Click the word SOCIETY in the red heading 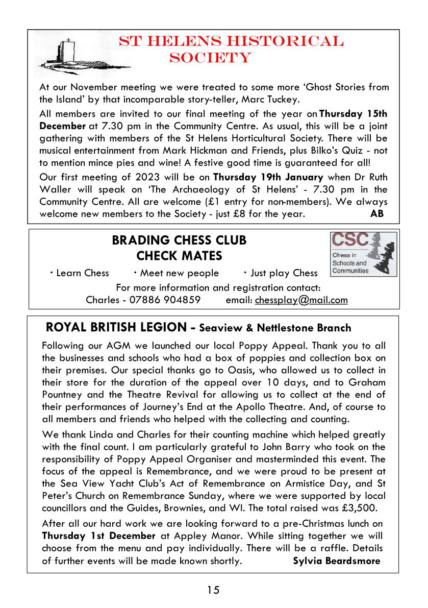click(x=210, y=58)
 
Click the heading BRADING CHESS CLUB click(x=179, y=240)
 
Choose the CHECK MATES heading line click(x=179, y=255)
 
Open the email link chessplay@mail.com click(x=301, y=300)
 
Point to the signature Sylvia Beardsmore click(x=337, y=561)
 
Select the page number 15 click(x=213, y=590)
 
